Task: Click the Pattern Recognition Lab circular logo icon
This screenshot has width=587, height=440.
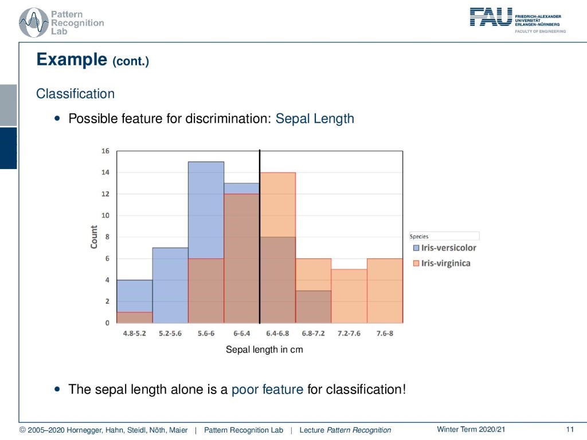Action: (x=34, y=22)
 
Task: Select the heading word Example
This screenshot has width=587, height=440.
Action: (x=72, y=60)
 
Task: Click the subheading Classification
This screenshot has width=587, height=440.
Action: (x=75, y=93)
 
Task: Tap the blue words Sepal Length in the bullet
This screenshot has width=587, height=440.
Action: (x=315, y=119)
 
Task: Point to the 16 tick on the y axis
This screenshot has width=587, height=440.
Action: (x=105, y=151)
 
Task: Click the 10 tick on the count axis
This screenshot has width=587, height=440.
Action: (x=105, y=215)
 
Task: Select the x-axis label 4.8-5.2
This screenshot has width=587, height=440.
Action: (x=134, y=333)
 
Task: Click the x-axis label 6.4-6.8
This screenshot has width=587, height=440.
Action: (x=277, y=333)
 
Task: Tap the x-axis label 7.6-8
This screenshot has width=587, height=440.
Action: (x=385, y=333)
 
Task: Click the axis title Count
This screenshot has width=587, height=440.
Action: (x=93, y=237)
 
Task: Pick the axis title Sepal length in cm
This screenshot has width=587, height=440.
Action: (x=264, y=349)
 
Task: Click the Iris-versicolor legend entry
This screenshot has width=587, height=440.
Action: (x=445, y=247)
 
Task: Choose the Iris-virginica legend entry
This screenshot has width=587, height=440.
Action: (x=442, y=263)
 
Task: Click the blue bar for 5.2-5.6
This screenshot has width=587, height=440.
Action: (x=170, y=285)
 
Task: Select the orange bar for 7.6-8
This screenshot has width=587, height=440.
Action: (x=385, y=290)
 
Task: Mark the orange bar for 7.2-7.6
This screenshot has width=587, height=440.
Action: (x=349, y=296)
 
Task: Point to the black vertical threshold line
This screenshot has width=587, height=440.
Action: (x=260, y=237)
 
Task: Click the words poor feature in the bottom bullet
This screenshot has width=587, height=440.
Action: (x=267, y=390)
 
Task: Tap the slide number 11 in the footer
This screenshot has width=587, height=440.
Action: (x=570, y=430)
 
